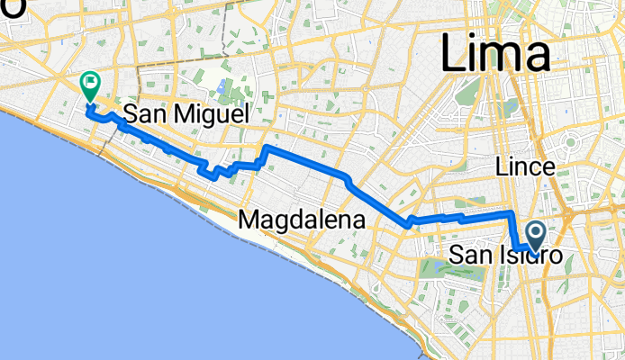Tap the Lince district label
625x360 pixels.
click(524, 167)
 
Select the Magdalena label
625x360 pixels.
click(302, 219)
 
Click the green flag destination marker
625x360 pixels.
click(90, 86)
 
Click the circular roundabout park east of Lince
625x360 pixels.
click(570, 143)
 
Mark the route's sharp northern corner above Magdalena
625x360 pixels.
click(266, 146)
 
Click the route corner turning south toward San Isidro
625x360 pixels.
click(512, 213)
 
